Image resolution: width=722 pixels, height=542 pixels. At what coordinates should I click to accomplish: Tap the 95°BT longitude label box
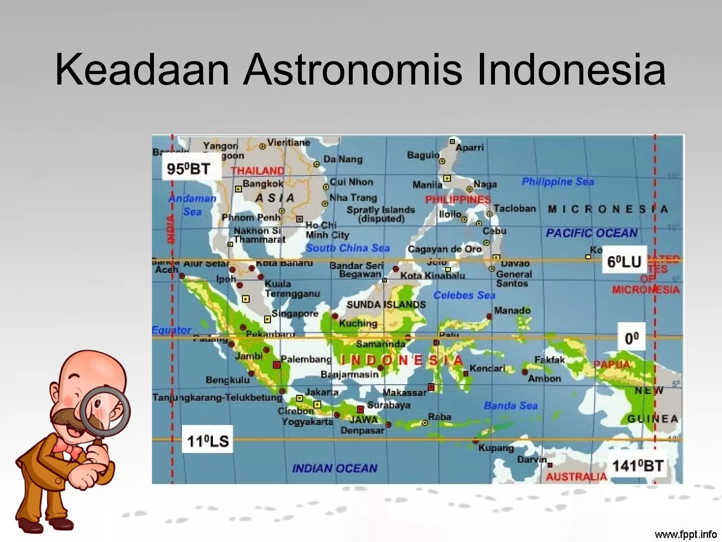189,169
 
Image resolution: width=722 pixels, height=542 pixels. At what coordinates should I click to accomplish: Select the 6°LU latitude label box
624,262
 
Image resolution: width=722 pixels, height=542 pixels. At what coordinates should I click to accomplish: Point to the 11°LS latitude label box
208,441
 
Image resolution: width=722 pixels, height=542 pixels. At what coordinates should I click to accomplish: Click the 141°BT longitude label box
638,466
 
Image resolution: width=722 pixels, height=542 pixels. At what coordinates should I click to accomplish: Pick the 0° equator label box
631,338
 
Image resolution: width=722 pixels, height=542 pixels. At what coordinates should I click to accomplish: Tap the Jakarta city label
322,392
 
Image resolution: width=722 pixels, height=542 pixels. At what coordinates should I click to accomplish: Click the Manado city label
512,311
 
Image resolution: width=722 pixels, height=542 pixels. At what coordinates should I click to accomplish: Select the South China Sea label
348,248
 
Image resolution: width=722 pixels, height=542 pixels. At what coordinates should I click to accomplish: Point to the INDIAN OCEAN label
335,468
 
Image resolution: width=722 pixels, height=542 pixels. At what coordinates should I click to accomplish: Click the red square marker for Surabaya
360,409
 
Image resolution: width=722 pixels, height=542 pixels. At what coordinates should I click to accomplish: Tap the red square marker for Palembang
277,365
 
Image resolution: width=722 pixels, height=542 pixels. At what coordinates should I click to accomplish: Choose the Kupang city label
496,448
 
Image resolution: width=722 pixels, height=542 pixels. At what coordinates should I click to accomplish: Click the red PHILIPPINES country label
458,200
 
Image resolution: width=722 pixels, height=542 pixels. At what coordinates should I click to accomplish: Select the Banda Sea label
510,406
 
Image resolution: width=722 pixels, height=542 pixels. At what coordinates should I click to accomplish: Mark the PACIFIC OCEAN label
592,233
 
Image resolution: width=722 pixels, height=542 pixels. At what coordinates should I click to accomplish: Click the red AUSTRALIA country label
576,477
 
